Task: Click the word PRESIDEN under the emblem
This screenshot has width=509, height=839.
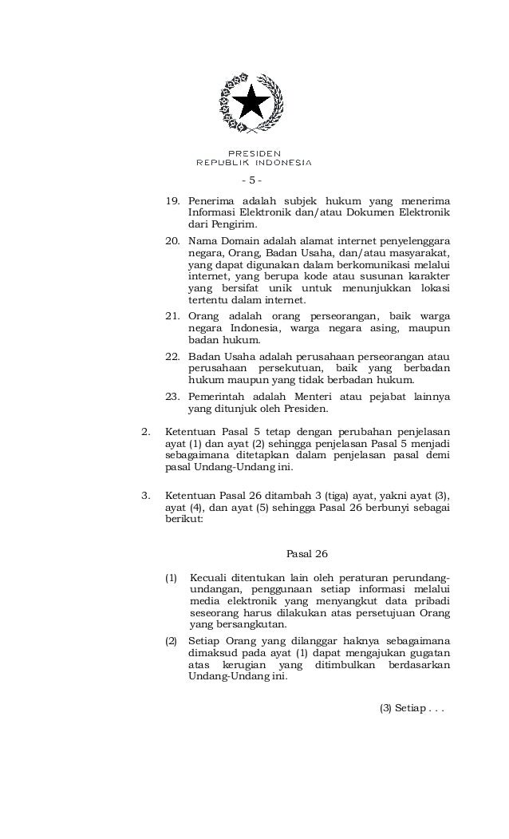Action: coord(254,152)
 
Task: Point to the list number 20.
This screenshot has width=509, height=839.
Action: coord(172,240)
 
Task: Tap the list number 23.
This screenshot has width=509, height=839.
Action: coord(172,396)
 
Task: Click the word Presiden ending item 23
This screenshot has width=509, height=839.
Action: coord(306,409)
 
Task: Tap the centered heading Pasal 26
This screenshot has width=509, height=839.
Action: coord(306,553)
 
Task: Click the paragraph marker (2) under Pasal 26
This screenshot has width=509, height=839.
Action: coord(171,639)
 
